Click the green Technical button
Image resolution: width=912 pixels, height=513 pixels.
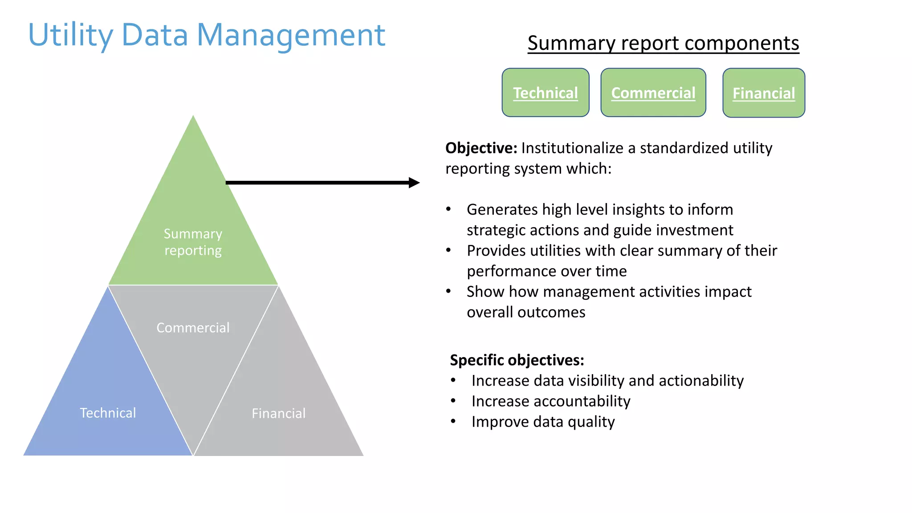(x=545, y=93)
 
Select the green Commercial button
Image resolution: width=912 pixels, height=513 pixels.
(x=653, y=93)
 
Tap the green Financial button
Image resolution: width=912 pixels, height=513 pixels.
(x=763, y=93)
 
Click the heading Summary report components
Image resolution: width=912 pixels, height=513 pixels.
(x=663, y=43)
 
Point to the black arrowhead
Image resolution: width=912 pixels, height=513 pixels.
(x=414, y=183)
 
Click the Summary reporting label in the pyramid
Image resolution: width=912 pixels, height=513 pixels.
(x=193, y=242)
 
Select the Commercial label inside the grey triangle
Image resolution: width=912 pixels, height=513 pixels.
(x=193, y=328)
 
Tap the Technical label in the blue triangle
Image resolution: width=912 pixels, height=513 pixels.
(x=108, y=413)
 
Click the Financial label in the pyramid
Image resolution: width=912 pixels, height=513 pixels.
(x=278, y=413)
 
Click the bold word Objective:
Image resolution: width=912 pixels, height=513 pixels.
(x=481, y=148)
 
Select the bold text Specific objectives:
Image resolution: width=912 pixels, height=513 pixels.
(x=517, y=360)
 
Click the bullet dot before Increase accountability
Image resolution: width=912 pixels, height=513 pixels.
(x=453, y=401)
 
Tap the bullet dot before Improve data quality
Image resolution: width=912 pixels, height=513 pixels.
(x=453, y=421)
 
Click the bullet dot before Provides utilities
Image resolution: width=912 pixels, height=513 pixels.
(x=448, y=250)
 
